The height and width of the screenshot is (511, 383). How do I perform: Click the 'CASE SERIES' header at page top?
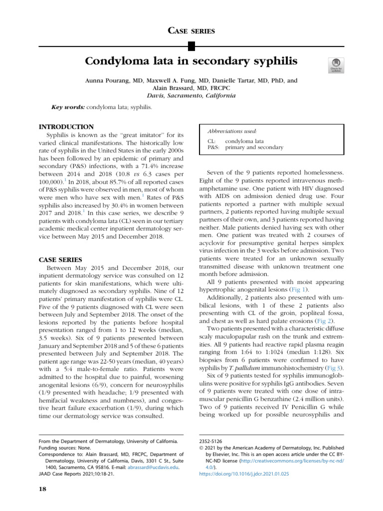click(x=191, y=31)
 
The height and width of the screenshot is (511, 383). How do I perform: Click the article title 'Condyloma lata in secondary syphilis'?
click(x=191, y=61)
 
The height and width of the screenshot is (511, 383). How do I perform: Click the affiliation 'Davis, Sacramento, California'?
click(x=191, y=96)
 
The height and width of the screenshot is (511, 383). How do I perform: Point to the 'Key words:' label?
click(x=68, y=107)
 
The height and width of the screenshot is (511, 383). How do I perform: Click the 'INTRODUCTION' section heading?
click(x=66, y=127)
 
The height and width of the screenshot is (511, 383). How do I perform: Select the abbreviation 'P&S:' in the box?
click(x=214, y=148)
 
